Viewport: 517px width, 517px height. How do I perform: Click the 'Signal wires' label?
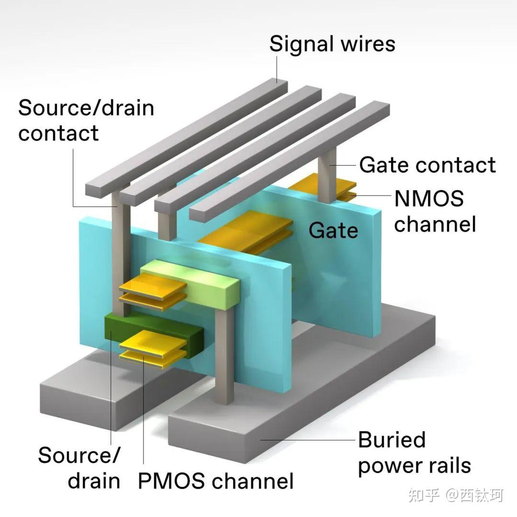332,44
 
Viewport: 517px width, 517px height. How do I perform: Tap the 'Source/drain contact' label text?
86,120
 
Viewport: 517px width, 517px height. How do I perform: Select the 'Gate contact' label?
427,165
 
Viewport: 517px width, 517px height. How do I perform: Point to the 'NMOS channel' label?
435,211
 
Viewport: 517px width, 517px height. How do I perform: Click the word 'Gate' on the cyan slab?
333,230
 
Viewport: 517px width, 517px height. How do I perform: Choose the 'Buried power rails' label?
414,452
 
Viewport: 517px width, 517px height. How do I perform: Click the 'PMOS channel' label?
215,481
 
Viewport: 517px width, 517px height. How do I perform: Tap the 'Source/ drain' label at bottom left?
79,468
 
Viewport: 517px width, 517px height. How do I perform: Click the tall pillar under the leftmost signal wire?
120,249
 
